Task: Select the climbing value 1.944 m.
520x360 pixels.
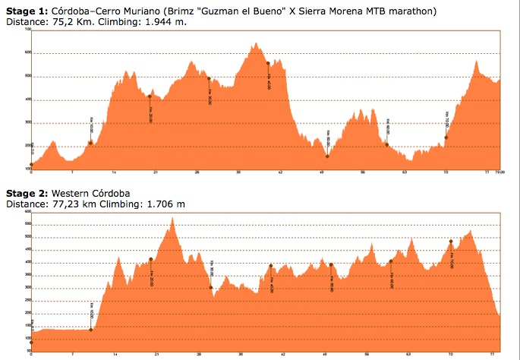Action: pyautogui.click(x=166, y=22)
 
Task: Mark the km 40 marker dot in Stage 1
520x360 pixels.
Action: pyautogui.click(x=268, y=63)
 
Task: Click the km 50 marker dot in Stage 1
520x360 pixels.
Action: pyautogui.click(x=327, y=156)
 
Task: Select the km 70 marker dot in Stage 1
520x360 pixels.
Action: pyautogui.click(x=446, y=137)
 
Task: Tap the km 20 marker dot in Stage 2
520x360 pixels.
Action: pyautogui.click(x=151, y=260)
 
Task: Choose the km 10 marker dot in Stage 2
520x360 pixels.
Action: pyautogui.click(x=91, y=330)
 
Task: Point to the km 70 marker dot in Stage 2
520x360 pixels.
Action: pyautogui.click(x=451, y=242)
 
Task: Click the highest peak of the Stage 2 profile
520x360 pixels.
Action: pyautogui.click(x=173, y=218)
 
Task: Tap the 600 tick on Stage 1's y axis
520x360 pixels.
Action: pyautogui.click(x=28, y=52)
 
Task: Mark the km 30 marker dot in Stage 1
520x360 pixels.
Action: pyautogui.click(x=209, y=78)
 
